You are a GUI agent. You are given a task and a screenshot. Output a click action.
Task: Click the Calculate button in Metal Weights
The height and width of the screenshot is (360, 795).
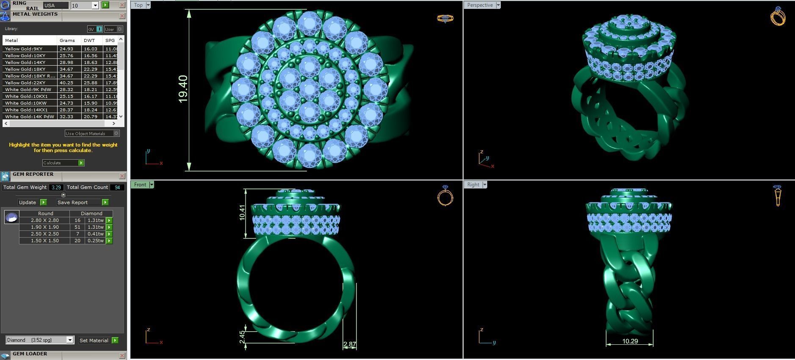(63, 163)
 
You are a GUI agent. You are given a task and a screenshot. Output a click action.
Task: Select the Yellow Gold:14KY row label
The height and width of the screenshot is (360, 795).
(25, 62)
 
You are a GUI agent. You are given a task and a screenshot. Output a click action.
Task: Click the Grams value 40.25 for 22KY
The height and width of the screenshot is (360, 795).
(66, 83)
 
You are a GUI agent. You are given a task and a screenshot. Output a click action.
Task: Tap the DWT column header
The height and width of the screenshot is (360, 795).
(89, 40)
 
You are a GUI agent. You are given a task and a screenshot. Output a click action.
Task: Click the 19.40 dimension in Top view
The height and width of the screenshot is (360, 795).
(183, 89)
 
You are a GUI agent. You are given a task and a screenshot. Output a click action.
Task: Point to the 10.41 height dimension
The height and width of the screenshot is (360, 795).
(242, 213)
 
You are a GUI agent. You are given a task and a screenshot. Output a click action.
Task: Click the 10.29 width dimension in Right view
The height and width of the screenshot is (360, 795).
(630, 341)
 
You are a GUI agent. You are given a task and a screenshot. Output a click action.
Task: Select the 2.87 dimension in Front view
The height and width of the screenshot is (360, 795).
(350, 344)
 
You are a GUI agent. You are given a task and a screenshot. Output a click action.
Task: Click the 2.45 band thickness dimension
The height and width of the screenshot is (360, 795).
(242, 338)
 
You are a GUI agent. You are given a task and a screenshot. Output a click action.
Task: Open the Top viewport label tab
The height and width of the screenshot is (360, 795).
(138, 5)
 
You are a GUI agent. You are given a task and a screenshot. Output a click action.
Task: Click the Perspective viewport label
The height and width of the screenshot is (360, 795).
(480, 5)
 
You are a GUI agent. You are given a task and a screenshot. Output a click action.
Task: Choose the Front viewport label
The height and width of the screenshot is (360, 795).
(140, 185)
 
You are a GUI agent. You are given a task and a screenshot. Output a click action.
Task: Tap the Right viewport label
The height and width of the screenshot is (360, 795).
(473, 185)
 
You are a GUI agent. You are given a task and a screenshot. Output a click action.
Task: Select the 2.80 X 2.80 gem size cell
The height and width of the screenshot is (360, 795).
(44, 220)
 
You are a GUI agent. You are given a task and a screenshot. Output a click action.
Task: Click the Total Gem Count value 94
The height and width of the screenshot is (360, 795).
(117, 187)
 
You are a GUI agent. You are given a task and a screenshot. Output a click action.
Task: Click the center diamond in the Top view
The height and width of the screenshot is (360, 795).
(309, 89)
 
